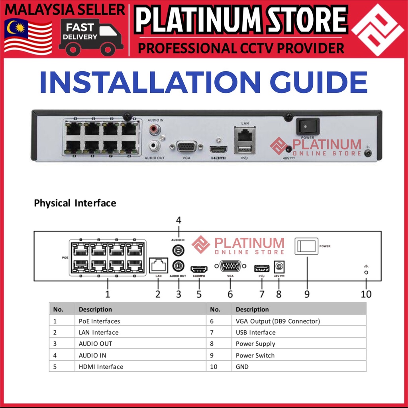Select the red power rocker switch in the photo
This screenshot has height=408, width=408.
[x=308, y=126]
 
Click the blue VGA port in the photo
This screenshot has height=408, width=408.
[x=186, y=147]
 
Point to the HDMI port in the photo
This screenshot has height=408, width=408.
[x=218, y=150]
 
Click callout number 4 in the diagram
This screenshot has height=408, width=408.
[x=178, y=220]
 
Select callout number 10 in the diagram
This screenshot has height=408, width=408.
[x=366, y=294]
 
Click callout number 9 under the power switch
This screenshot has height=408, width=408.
[x=307, y=294]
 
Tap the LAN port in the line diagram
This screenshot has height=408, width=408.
[x=158, y=265]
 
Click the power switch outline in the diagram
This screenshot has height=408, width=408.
[x=306, y=246]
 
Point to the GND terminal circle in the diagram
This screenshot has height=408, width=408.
[x=366, y=273]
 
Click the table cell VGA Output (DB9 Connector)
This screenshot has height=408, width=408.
[x=278, y=321]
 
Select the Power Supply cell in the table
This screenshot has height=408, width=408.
[x=255, y=343]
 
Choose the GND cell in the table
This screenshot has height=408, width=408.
[x=242, y=366]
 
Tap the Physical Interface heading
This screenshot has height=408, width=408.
[x=75, y=203]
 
